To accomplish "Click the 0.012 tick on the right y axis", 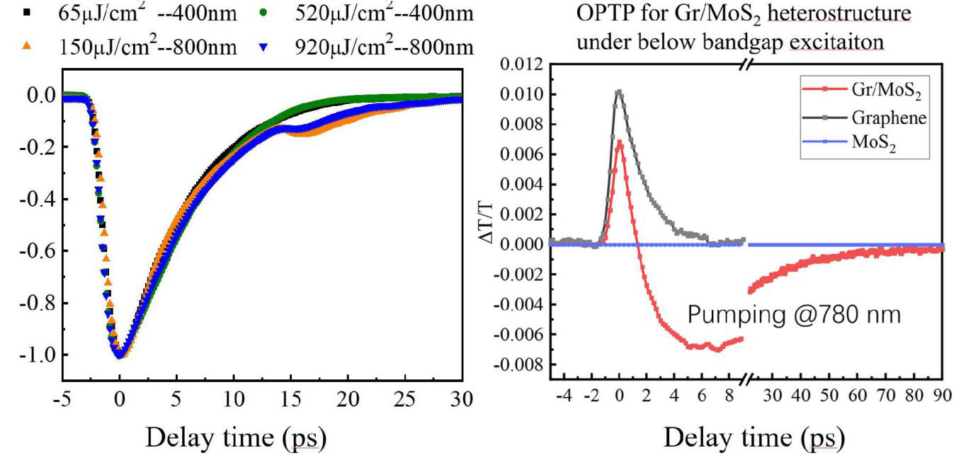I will (x=523, y=65).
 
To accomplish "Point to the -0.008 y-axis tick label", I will (x=520, y=365).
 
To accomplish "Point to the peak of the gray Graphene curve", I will (x=620, y=91).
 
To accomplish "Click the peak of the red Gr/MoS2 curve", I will (x=620, y=141).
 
